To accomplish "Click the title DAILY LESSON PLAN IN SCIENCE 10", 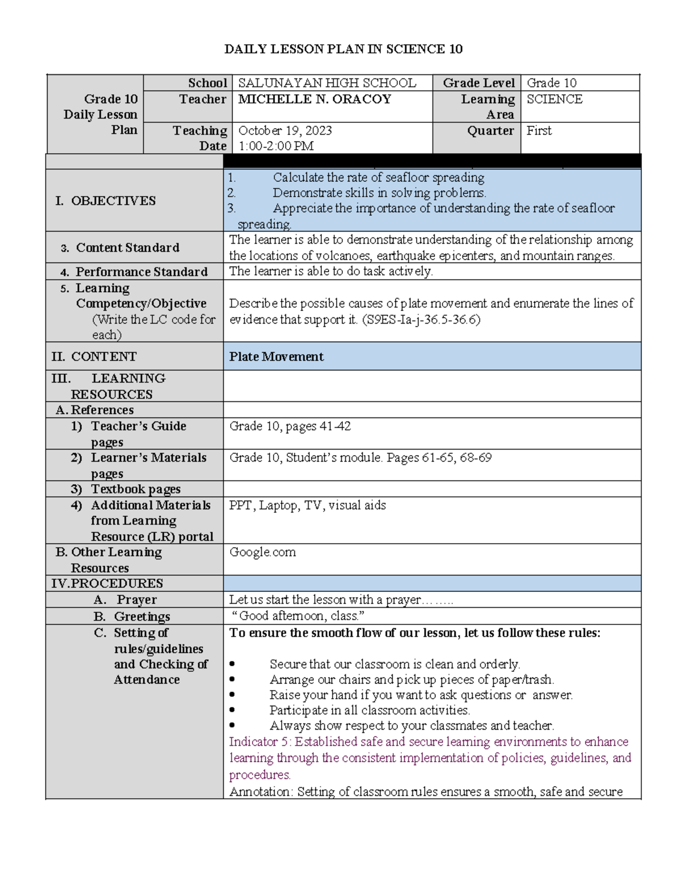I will pos(343,49).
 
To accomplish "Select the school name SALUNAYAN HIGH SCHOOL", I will pos(327,83).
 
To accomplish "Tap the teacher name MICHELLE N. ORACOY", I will pos(314,99).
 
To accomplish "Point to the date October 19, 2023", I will pos(285,130).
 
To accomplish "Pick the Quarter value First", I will pos(539,130).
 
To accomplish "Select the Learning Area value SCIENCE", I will pos(554,99).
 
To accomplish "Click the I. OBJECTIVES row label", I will pos(106,201).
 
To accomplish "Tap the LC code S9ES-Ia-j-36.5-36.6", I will pos(421,319).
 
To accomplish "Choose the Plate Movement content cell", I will pos(277,357).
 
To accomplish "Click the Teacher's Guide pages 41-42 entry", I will pos(290,426).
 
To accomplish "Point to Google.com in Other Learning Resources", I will pos(262,552).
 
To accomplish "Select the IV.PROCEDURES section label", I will pos(107,583).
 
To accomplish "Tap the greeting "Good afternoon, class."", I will pos(298,616).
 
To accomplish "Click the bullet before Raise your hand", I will pos(232,695).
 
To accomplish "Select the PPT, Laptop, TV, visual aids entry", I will pos(307,505).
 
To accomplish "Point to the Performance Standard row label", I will pos(141,272).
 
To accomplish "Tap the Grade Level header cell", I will pos(478,83).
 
